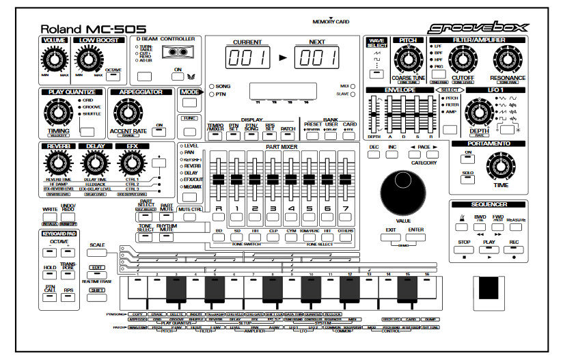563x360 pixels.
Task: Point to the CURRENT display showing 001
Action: pos(247,58)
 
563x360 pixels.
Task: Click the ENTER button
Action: pos(416,238)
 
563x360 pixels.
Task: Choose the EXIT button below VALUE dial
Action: pos(390,238)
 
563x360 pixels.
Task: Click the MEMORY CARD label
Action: pos(330,22)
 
